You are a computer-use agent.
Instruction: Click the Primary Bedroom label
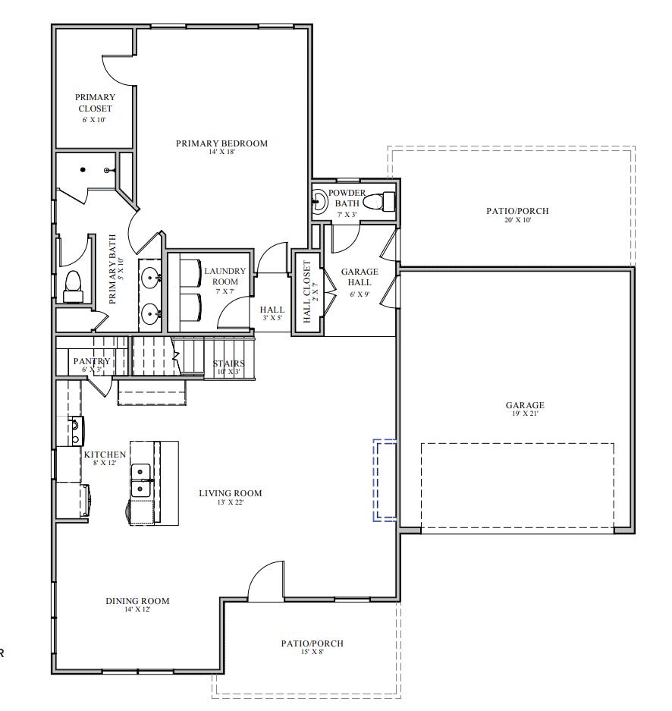[221, 143]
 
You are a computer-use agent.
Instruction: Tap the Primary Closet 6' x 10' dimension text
[95, 120]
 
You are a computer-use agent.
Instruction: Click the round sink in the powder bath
[320, 202]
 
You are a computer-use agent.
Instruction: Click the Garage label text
[525, 405]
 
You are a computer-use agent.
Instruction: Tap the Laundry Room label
[225, 276]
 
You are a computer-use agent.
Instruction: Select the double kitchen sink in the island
[142, 480]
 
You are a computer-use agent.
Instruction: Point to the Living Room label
[230, 493]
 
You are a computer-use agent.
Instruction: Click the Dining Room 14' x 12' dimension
[137, 610]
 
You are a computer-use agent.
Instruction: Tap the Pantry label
[92, 362]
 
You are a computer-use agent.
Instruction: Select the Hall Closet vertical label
[307, 292]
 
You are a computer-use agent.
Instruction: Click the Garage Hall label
[360, 277]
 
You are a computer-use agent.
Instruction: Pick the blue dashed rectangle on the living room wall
[385, 480]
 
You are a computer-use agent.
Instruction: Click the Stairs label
[228, 364]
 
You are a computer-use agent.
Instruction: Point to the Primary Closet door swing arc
[118, 72]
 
